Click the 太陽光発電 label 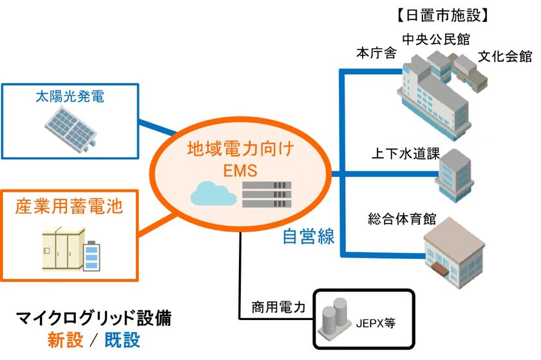[x=71, y=98]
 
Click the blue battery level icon [x=93, y=256]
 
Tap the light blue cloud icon [x=213, y=193]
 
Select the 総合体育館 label [x=403, y=219]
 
